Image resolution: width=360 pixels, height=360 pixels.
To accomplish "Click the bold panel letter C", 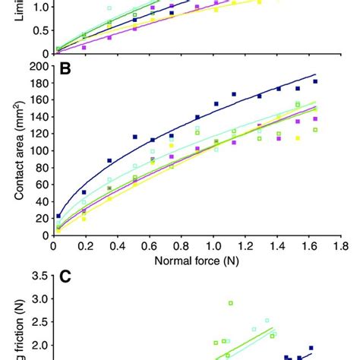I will (x=66, y=276).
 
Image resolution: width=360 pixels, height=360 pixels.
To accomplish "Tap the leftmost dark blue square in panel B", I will (x=58, y=216).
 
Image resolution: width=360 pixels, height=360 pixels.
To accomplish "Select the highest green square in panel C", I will (x=230, y=303).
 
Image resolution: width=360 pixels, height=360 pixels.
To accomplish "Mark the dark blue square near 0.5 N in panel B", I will (x=135, y=137).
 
